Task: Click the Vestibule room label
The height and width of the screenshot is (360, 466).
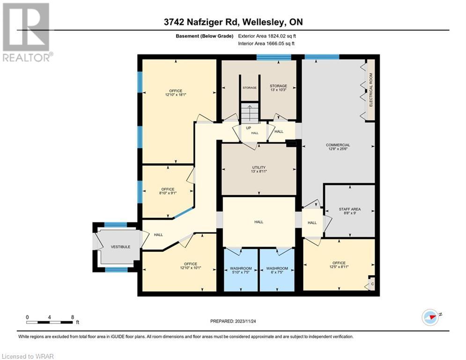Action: click(x=120, y=247)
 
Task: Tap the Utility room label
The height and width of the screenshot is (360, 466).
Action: click(x=259, y=169)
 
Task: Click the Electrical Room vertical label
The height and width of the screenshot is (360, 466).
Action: click(x=371, y=90)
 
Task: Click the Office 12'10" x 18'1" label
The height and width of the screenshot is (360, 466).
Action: click(x=176, y=93)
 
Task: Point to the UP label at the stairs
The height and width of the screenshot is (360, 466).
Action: click(x=249, y=127)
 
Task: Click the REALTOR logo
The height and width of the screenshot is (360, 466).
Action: click(x=27, y=33)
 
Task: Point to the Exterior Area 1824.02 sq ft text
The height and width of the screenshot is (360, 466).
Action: click(x=266, y=36)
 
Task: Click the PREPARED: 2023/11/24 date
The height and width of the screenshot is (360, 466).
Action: click(x=233, y=321)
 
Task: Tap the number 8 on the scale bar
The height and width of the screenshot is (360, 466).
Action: click(x=72, y=317)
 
